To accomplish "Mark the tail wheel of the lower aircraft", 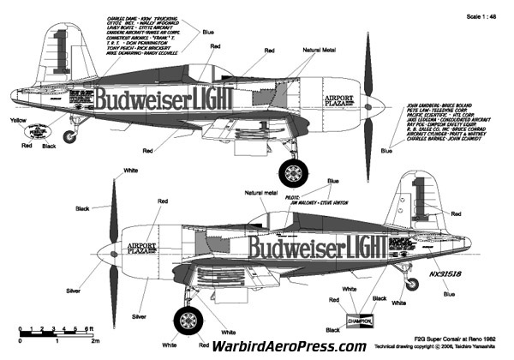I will pyautogui.click(x=420, y=283).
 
